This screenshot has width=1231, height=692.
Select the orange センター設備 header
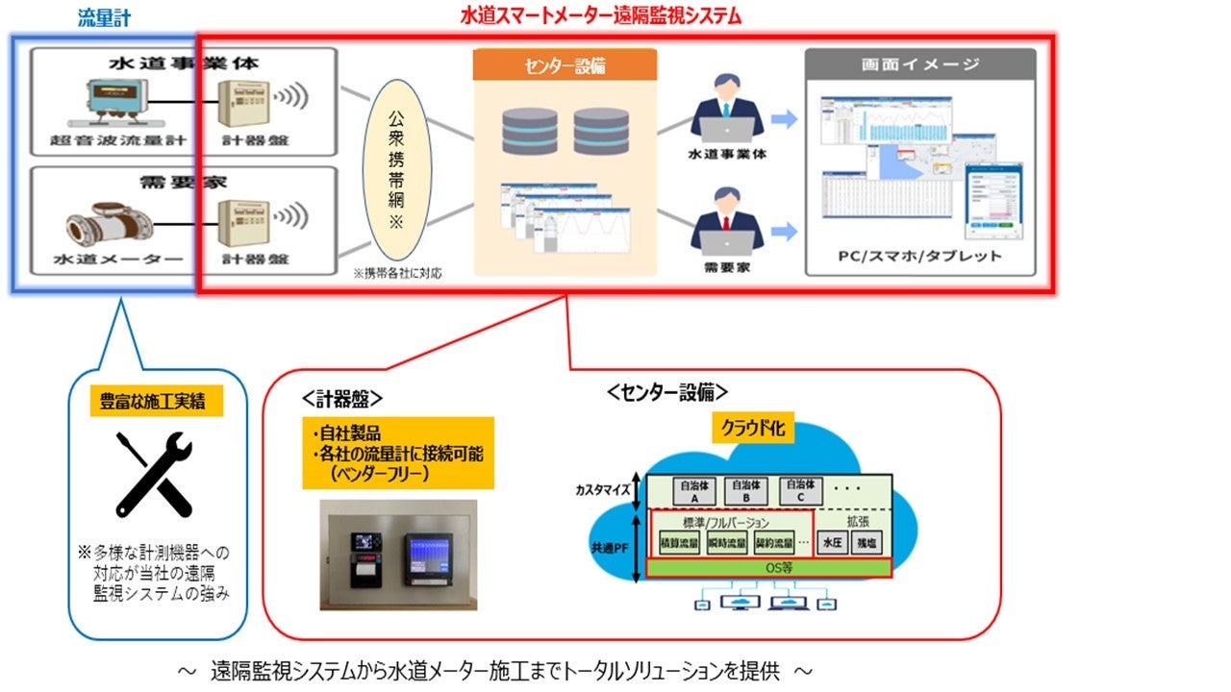coord(565,66)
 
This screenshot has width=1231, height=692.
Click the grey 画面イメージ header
coord(920,64)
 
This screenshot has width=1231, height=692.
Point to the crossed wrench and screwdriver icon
coord(154,473)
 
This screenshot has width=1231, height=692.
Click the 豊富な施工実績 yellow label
coord(157,403)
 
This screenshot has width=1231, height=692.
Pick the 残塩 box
coord(867,543)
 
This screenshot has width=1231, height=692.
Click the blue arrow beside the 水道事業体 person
coord(785,119)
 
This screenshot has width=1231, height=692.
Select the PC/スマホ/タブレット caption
coord(919,257)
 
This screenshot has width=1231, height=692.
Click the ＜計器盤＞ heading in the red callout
coord(342,397)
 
